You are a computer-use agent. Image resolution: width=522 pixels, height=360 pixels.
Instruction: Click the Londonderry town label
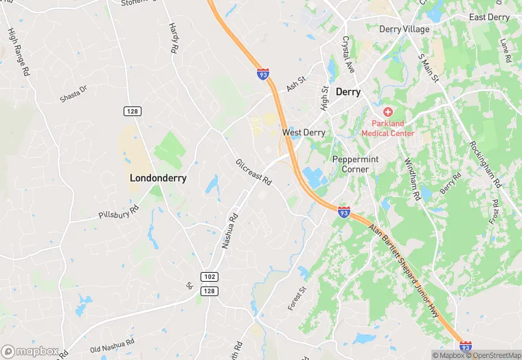point(158,177)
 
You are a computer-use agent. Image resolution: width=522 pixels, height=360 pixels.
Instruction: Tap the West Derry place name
point(304,133)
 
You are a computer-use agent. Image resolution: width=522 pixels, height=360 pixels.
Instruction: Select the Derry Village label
point(405,30)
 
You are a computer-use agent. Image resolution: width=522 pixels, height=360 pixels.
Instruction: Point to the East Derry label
point(488,17)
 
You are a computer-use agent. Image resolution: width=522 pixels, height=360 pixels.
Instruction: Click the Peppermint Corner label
point(356,164)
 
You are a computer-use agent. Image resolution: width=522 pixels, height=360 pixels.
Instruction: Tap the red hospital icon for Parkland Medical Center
point(387,111)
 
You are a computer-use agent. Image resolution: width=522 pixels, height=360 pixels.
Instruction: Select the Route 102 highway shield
point(210,276)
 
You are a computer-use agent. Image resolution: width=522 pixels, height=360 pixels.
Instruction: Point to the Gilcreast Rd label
point(253,172)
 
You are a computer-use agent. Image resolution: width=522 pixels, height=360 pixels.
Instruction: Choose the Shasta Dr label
point(73,94)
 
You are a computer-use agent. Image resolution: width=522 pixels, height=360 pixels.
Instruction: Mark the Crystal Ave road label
point(348,55)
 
